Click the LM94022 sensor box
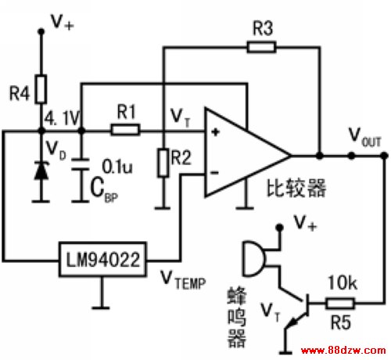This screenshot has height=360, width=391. click(102, 259)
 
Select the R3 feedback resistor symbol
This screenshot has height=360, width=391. click(261, 47)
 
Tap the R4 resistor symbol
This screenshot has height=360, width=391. click(41, 88)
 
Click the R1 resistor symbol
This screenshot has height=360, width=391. click(125, 130)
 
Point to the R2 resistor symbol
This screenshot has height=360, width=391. click(163, 163)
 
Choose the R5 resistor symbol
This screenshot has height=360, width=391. click(340, 304)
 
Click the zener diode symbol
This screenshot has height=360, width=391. click(41, 171)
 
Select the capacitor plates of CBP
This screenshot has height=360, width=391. click(81, 164)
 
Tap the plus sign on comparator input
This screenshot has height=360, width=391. click(215, 132)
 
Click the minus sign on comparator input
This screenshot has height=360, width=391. click(215, 172)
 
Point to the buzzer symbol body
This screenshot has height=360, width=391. click(253, 258)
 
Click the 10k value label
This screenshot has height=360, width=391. click(343, 283)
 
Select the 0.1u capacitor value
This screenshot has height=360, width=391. click(117, 166)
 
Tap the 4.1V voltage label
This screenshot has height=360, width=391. click(62, 118)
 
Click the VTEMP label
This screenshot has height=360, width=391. click(183, 280)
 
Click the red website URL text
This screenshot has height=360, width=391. click(343, 350)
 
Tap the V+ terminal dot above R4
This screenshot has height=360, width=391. click(41, 31)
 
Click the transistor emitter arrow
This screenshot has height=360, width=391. click(293, 322)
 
